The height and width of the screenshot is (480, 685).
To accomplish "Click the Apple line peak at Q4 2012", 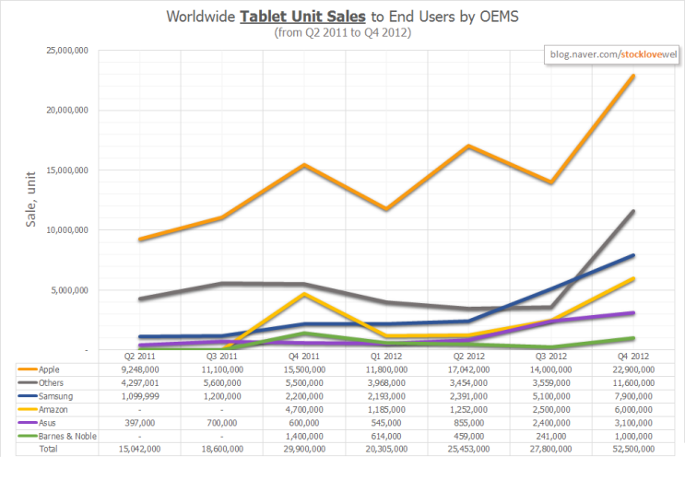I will point(633,76).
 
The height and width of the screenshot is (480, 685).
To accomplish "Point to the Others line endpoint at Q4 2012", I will point(633,211).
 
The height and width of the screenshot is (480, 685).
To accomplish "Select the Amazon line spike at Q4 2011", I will point(305,294).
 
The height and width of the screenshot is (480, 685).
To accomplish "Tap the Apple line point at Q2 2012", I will point(469,146).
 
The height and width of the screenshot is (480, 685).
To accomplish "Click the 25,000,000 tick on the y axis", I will point(67,51).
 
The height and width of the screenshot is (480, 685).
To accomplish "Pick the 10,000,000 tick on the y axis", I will point(67,230).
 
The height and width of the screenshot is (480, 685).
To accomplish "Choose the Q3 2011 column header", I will point(223,355).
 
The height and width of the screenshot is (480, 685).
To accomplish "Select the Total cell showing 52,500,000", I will point(633,450).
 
